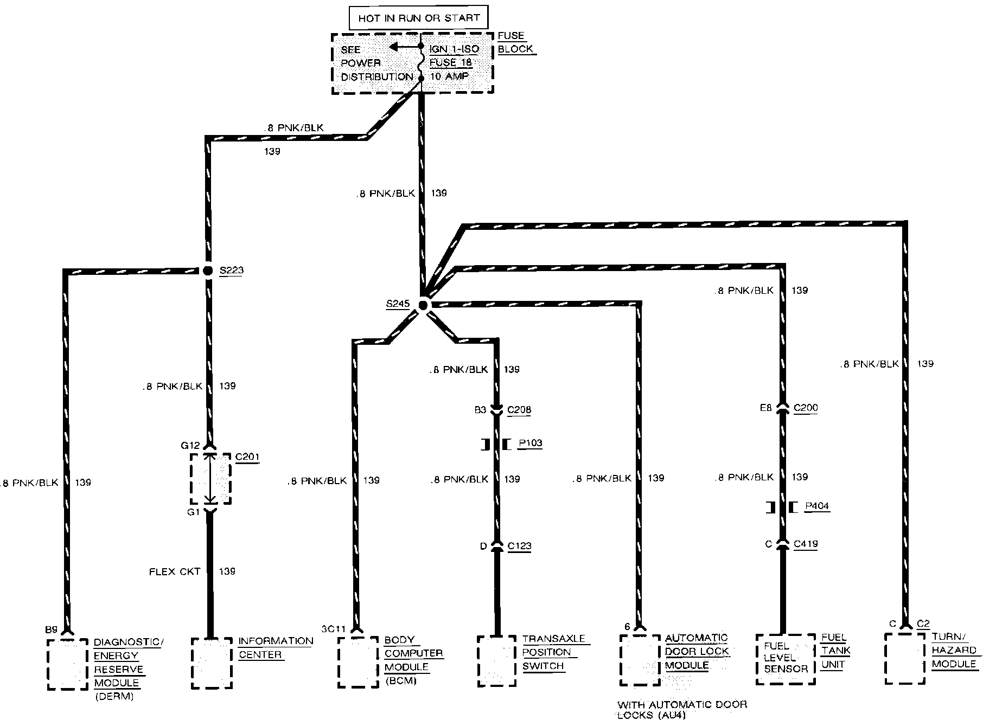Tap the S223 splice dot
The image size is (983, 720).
coord(208,270)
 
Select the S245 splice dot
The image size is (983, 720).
coord(423,306)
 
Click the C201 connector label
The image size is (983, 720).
coord(247,457)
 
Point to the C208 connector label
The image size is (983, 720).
coord(519,410)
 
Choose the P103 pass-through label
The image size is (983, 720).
coord(530,443)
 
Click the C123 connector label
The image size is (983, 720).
coord(519,546)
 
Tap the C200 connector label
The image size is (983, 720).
coord(806,408)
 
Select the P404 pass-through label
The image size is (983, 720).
coord(817,506)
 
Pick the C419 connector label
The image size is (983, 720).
coord(806,544)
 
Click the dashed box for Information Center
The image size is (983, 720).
coord(212,663)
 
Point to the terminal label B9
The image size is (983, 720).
coord(51,630)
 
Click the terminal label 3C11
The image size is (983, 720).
coord(333,629)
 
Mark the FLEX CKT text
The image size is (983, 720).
coord(175,571)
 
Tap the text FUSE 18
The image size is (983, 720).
coord(451,62)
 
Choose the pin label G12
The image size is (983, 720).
coord(190,445)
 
